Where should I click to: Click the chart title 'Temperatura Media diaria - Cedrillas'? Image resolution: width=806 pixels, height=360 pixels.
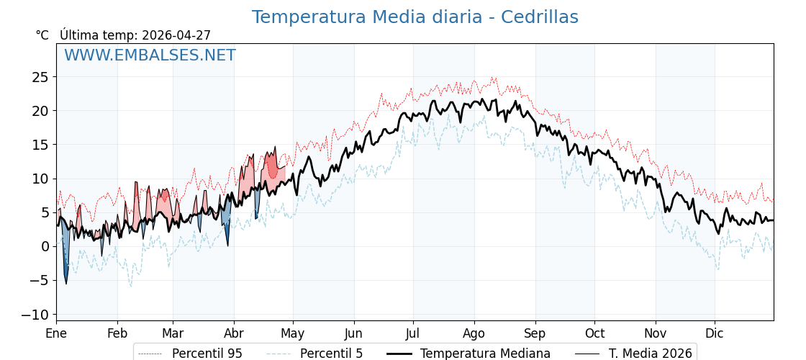415,17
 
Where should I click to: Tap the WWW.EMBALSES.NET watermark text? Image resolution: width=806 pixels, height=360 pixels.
150,55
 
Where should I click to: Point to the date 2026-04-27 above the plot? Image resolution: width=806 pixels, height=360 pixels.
176,35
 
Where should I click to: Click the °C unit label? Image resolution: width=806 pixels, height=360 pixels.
42,35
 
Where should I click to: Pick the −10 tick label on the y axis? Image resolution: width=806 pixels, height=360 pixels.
35,315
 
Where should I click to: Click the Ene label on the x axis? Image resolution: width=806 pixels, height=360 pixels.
56,333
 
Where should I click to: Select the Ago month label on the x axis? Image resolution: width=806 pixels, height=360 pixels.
474,333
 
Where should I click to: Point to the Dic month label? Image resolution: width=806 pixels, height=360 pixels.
715,333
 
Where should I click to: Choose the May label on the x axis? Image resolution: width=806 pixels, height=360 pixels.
293,333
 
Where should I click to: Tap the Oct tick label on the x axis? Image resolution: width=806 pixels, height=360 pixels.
594,333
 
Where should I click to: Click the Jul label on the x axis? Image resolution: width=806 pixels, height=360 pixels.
413,333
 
